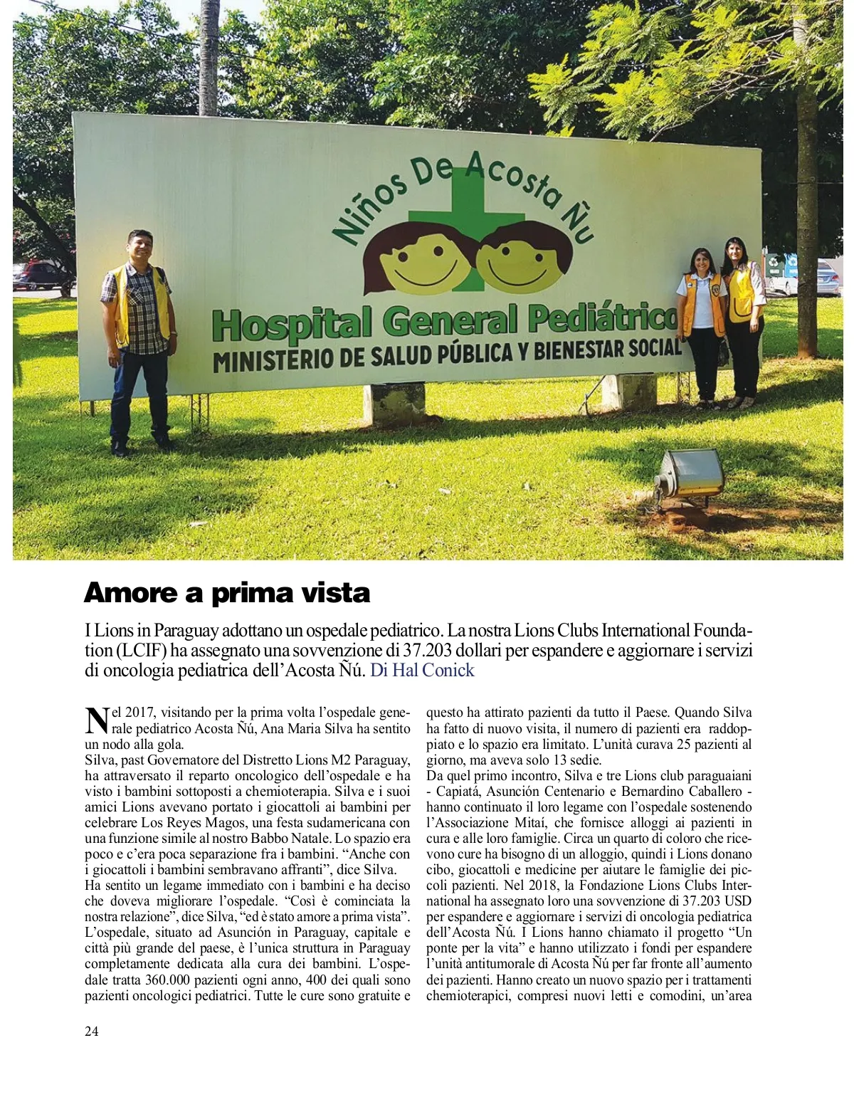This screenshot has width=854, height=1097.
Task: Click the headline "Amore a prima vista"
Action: coord(227,593)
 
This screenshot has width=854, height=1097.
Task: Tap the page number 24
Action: coord(92,1031)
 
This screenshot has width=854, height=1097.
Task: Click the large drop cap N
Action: coord(95,720)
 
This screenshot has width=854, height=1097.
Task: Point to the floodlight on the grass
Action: coord(687,473)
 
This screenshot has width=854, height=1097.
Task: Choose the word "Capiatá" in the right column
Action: coord(458,791)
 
